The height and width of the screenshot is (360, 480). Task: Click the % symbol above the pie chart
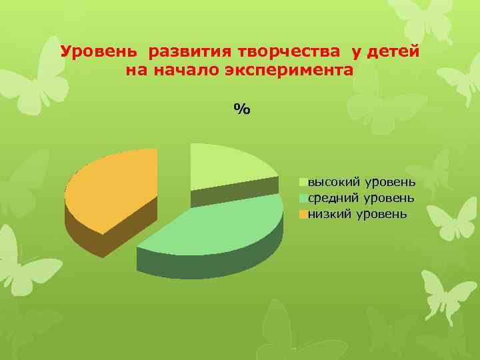[x=241, y=109]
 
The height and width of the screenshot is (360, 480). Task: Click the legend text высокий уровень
[x=362, y=181]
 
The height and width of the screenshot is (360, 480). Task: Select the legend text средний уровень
[x=361, y=198]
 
